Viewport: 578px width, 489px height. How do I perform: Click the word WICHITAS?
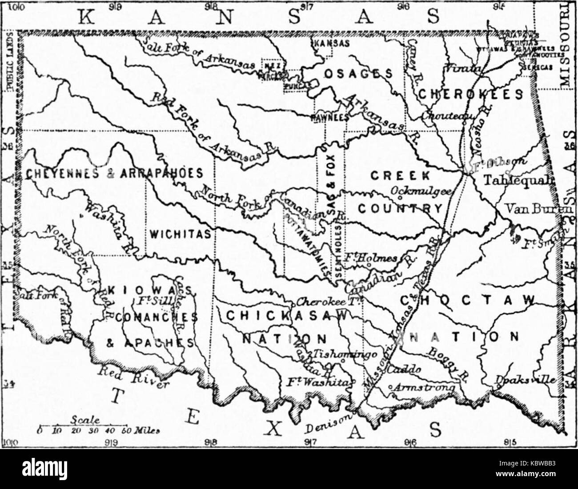tap(180, 234)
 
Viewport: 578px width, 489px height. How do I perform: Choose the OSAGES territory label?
tap(357, 74)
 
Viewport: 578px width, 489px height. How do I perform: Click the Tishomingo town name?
tap(346, 354)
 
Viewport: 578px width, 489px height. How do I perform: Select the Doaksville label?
tap(525, 380)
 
